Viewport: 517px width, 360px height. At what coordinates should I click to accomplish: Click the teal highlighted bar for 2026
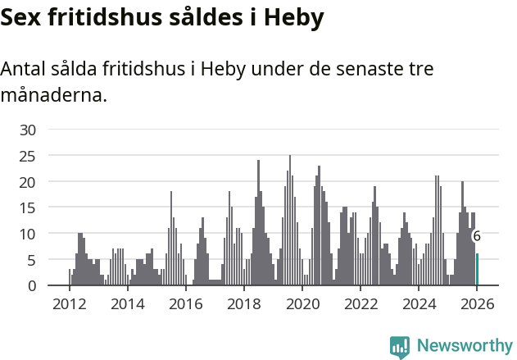[477, 270]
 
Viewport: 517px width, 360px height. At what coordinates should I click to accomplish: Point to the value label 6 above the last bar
[477, 236]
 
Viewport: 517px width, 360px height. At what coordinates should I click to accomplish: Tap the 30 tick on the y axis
[28, 129]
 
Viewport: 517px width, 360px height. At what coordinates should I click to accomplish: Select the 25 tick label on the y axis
[28, 155]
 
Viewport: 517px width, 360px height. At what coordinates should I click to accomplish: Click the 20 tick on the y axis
[28, 181]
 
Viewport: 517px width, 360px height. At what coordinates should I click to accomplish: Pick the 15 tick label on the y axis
[28, 207]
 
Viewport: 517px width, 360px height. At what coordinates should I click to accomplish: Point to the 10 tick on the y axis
[28, 234]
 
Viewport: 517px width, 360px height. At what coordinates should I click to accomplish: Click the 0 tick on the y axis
[32, 285]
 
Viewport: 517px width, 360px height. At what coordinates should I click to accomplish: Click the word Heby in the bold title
[291, 17]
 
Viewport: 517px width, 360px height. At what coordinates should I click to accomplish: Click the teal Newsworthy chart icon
[400, 347]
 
